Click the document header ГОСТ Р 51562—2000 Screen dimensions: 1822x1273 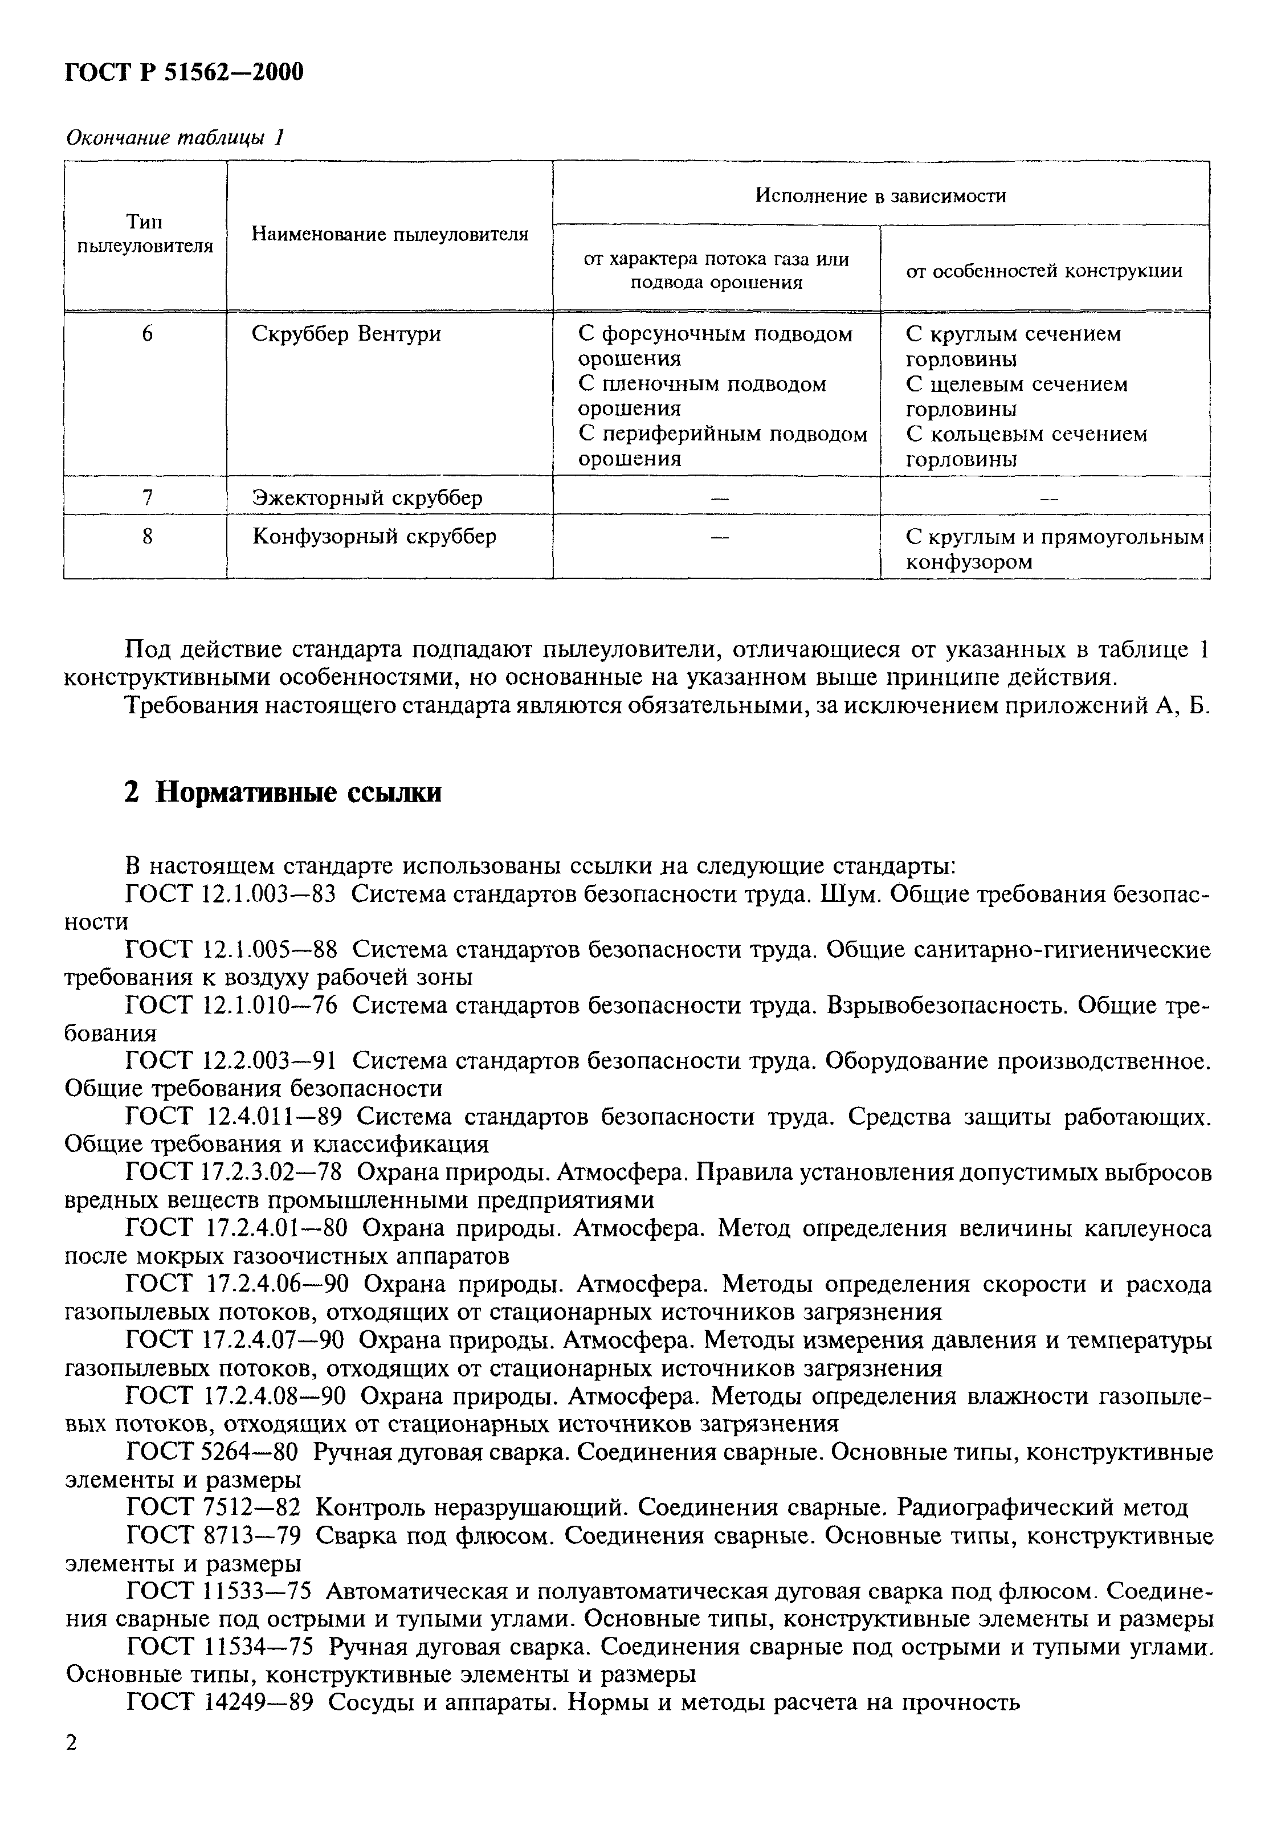pyautogui.click(x=183, y=73)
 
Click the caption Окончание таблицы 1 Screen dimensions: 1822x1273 pyautogui.click(x=174, y=138)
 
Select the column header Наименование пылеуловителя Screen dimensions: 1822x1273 pyautogui.click(x=390, y=234)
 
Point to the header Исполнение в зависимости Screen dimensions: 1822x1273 pyautogui.click(x=880, y=195)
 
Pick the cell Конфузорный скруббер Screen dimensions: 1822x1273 pyautogui.click(x=374, y=537)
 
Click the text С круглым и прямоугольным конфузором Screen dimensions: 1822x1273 pyautogui.click(x=1054, y=549)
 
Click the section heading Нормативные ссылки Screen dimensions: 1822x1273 pyautogui.click(x=283, y=792)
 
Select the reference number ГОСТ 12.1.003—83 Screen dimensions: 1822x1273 pyautogui.click(x=231, y=894)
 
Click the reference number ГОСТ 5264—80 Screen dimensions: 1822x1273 pyautogui.click(x=213, y=1452)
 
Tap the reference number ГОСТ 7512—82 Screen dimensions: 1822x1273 pyautogui.click(x=213, y=1508)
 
